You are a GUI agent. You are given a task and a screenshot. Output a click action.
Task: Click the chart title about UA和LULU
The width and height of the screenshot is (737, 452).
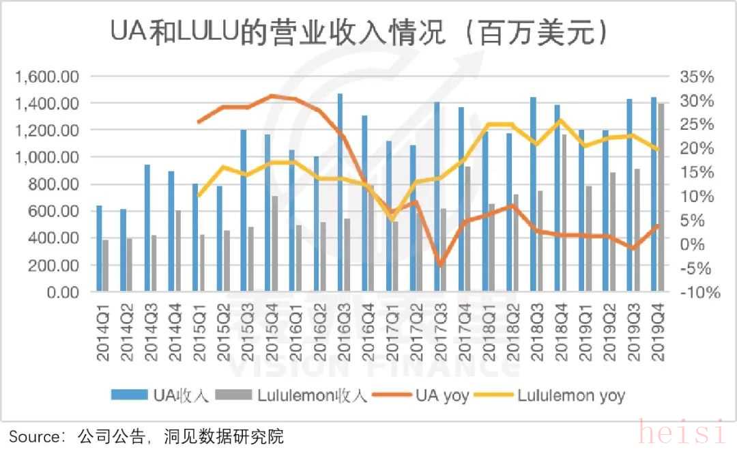(359, 32)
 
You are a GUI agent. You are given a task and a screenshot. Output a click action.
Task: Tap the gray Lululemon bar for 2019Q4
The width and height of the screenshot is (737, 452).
(661, 197)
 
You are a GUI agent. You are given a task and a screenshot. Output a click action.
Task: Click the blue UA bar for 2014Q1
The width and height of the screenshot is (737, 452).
(99, 249)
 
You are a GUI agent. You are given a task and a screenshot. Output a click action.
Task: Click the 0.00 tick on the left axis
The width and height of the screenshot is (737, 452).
(61, 292)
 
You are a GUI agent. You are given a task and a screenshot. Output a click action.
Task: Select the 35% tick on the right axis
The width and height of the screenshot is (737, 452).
(697, 76)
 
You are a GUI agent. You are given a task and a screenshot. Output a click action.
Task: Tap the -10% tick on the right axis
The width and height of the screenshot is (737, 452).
(699, 292)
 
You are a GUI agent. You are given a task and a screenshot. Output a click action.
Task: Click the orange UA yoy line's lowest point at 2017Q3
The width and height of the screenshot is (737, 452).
(441, 264)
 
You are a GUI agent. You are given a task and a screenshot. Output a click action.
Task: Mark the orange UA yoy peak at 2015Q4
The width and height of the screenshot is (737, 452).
(272, 96)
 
